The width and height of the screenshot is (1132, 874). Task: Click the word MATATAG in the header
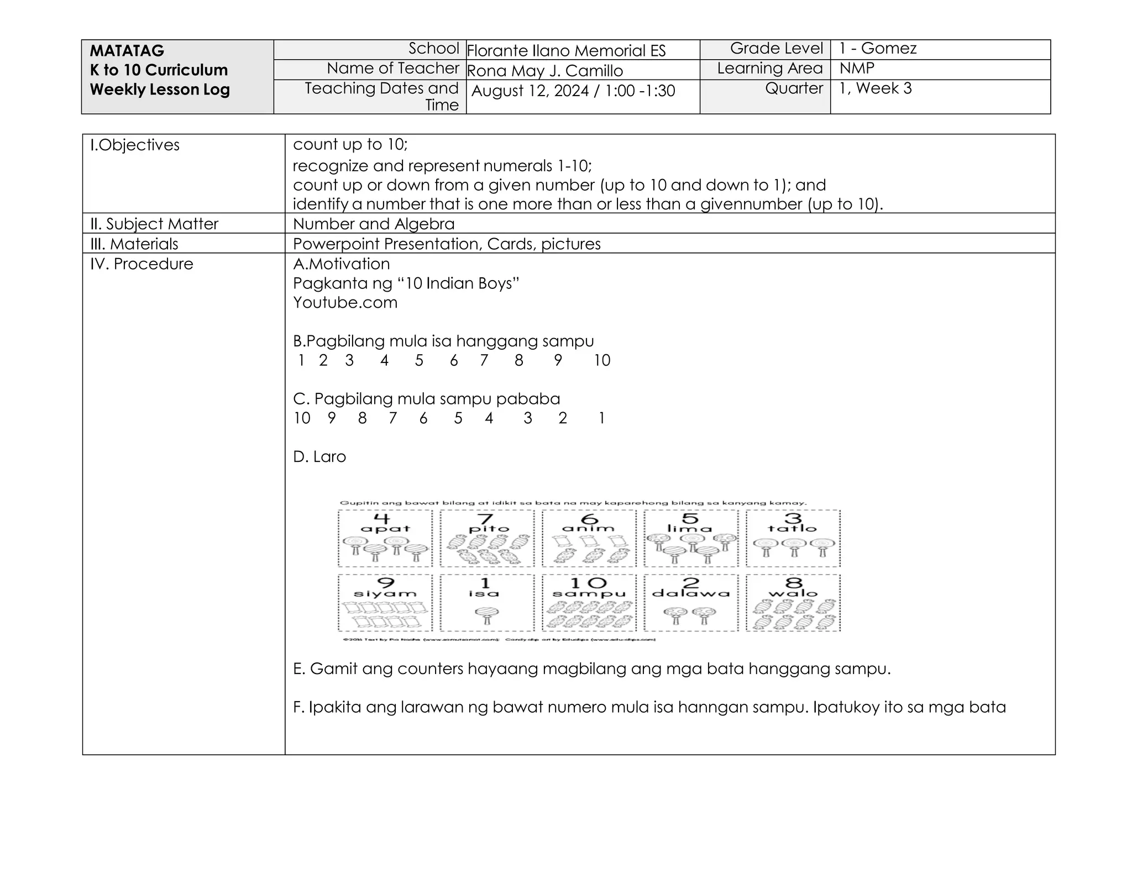coord(127,51)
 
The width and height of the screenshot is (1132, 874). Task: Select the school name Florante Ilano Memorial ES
coord(566,51)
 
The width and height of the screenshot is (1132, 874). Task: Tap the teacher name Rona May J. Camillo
coord(545,71)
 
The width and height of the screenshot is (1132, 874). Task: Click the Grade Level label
coord(776,49)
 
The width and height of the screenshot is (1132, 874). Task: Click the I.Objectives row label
coord(135,145)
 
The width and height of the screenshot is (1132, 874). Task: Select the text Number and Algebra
coord(374,224)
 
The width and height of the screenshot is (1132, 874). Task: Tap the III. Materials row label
coord(134,244)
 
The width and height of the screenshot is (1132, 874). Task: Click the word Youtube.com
coord(345,303)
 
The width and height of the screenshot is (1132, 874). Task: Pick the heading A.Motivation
coord(341,264)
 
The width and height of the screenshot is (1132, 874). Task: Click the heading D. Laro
coord(319,457)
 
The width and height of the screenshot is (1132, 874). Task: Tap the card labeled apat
coord(385,538)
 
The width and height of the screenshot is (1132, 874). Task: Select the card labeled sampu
coord(589,603)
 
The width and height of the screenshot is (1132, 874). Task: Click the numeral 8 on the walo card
coord(793,582)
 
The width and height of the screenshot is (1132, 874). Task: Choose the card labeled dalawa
coord(691,603)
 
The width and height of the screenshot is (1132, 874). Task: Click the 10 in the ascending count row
coord(602,361)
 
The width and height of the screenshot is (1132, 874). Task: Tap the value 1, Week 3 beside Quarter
coord(875,88)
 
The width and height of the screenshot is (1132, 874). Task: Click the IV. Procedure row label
coord(141,264)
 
